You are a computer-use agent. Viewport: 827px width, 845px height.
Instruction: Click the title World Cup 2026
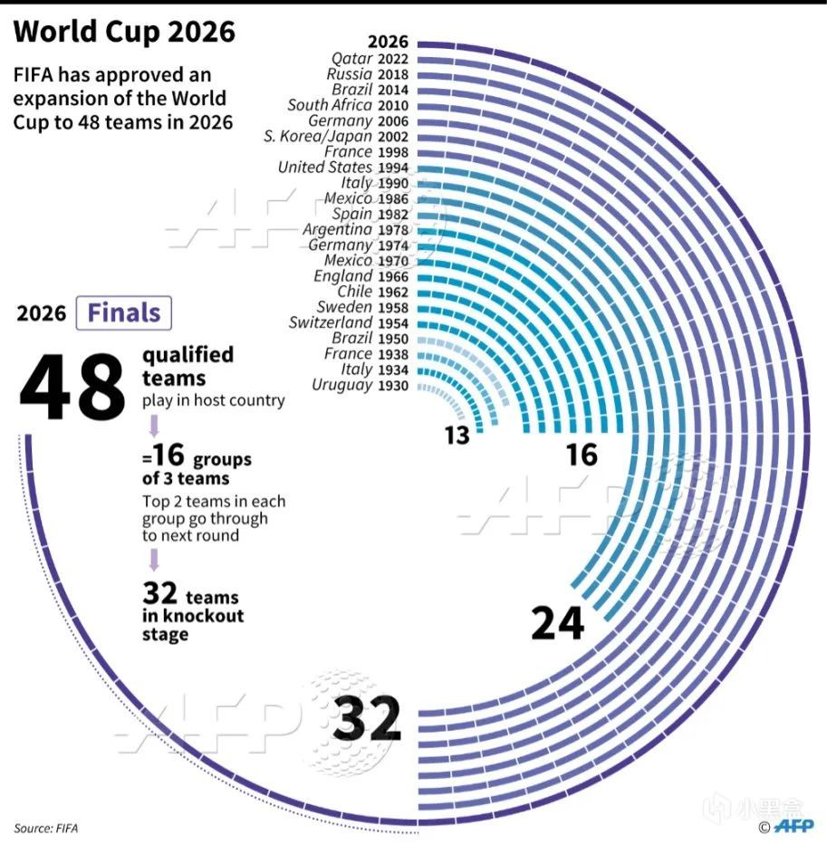click(x=124, y=32)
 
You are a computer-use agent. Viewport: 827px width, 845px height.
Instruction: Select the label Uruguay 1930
click(x=360, y=386)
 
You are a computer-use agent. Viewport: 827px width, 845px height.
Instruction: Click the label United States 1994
click(x=343, y=168)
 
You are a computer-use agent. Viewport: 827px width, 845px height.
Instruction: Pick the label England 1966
click(x=361, y=276)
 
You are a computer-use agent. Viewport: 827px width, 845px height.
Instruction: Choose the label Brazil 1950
click(x=371, y=339)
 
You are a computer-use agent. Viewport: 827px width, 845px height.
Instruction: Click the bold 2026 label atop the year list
click(x=388, y=42)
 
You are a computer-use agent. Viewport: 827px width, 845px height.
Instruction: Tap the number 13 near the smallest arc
click(x=457, y=436)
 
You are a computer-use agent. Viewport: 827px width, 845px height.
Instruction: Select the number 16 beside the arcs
click(x=582, y=454)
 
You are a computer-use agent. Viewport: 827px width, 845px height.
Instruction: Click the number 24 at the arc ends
click(x=558, y=624)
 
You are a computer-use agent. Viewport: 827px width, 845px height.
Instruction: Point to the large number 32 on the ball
click(x=366, y=720)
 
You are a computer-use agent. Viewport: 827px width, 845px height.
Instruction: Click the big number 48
click(x=72, y=387)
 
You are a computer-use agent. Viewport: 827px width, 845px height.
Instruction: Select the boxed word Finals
click(x=124, y=313)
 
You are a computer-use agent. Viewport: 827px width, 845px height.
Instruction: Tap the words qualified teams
click(x=187, y=366)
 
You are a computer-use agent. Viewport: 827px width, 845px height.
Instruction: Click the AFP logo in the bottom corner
click(x=794, y=826)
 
